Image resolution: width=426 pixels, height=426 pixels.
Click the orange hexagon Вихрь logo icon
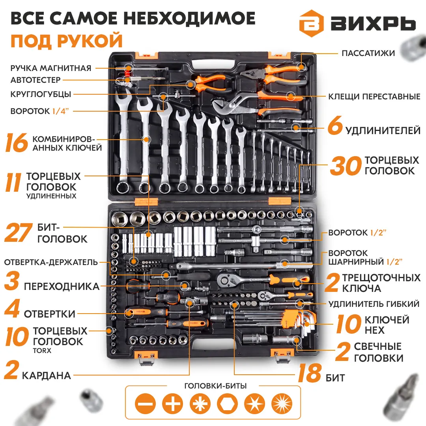(311, 24)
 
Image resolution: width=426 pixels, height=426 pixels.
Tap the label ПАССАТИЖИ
(368, 53)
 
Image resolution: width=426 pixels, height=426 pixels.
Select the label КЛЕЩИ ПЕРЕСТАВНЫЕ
(374, 97)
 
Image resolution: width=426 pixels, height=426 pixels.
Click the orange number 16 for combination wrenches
(17, 143)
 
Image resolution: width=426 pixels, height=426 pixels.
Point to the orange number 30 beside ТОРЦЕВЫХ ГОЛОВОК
(346, 165)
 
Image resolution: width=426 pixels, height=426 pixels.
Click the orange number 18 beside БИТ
(310, 373)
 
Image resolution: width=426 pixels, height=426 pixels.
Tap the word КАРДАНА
(46, 376)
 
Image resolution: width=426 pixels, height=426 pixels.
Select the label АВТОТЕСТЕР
(35, 80)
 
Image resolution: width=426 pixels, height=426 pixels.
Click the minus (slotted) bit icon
(145, 404)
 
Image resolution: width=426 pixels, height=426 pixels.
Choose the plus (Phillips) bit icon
(173, 404)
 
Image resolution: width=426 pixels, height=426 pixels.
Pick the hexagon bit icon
(228, 404)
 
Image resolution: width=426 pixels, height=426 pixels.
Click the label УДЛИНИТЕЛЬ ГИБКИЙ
(374, 304)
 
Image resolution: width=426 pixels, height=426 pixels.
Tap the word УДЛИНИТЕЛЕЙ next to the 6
(383, 131)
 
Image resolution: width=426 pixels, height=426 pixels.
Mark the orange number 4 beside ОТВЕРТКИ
(12, 308)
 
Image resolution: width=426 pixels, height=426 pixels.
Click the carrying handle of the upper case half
(213, 65)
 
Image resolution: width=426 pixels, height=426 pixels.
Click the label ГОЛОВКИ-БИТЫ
(215, 386)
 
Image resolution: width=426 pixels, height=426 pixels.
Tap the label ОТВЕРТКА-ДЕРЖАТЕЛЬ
(51, 262)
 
